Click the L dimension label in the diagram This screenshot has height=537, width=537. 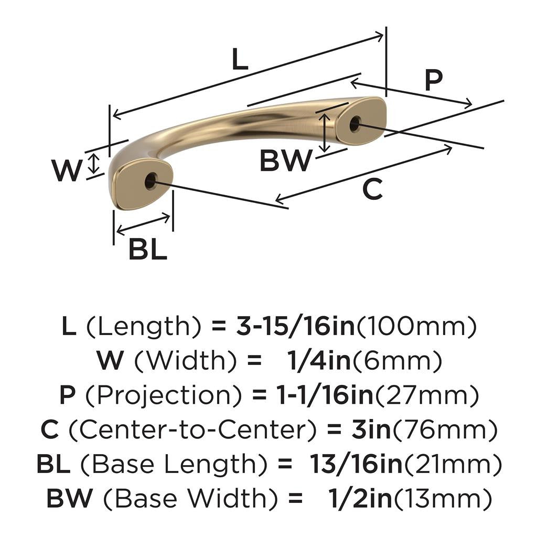pyautogui.click(x=240, y=60)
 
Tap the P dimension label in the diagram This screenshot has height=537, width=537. pyautogui.click(x=433, y=80)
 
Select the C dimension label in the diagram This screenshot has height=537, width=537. pyautogui.click(x=373, y=189)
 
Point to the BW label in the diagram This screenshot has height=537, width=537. pyautogui.click(x=286, y=161)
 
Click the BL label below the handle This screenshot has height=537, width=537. pyautogui.click(x=148, y=250)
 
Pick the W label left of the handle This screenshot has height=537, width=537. pyautogui.click(x=67, y=170)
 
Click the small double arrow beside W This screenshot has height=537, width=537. pyautogui.click(x=93, y=164)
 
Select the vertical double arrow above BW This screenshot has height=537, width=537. pyautogui.click(x=326, y=132)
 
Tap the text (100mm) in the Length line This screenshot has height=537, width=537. pyautogui.click(x=417, y=327)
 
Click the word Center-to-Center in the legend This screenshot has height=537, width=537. pyautogui.click(x=192, y=431)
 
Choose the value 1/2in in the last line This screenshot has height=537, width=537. pyautogui.click(x=357, y=499)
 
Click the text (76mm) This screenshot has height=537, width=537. pyautogui.click(x=445, y=431)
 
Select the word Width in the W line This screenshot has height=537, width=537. pyautogui.click(x=181, y=361)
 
